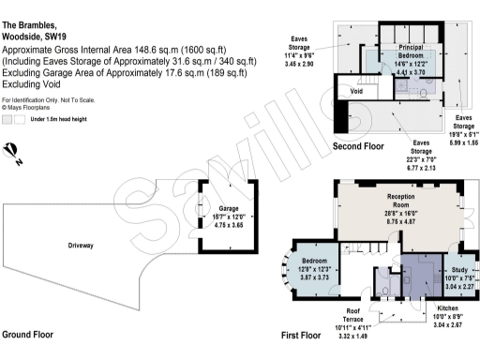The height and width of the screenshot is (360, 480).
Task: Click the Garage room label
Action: click(x=230, y=209)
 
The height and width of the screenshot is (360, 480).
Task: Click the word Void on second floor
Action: click(x=356, y=92)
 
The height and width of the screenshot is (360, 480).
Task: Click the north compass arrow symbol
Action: click(x=12, y=151)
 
